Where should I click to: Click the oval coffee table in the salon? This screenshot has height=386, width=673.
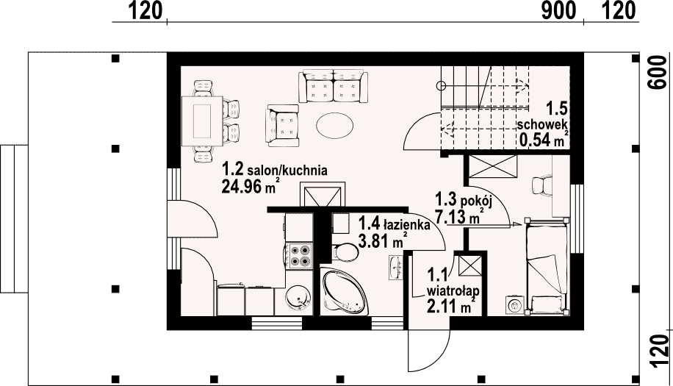pyautogui.click(x=335, y=126)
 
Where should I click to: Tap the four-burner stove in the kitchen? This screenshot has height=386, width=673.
pyautogui.click(x=300, y=255)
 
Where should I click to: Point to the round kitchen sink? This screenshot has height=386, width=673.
pyautogui.click(x=297, y=299)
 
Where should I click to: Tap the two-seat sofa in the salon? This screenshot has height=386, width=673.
pyautogui.click(x=333, y=86)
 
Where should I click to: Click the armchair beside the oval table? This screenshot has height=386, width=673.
pyautogui.click(x=282, y=125)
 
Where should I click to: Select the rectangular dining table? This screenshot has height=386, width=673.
pyautogui.click(x=203, y=122)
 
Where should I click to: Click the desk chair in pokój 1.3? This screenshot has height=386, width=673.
pyautogui.click(x=541, y=185)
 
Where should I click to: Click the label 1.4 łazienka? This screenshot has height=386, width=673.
pyautogui.click(x=394, y=224)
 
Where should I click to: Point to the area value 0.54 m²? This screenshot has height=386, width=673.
pyautogui.click(x=544, y=139)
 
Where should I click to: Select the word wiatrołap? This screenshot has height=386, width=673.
pyautogui.click(x=453, y=290)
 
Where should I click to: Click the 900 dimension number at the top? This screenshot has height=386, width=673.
pyautogui.click(x=558, y=11)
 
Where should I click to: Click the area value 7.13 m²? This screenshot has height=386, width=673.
pyautogui.click(x=461, y=217)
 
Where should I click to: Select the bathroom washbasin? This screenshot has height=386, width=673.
pyautogui.click(x=396, y=268)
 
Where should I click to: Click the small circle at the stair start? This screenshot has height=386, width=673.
pyautogui.click(x=441, y=86)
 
